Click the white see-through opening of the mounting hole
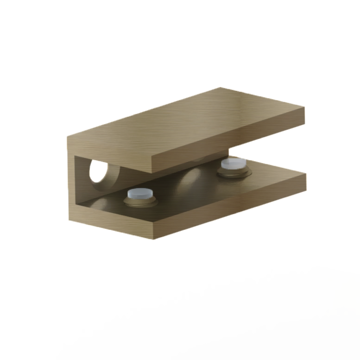tap(98, 171)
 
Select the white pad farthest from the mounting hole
tap(234, 163)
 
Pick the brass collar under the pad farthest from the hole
tap(234, 172)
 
